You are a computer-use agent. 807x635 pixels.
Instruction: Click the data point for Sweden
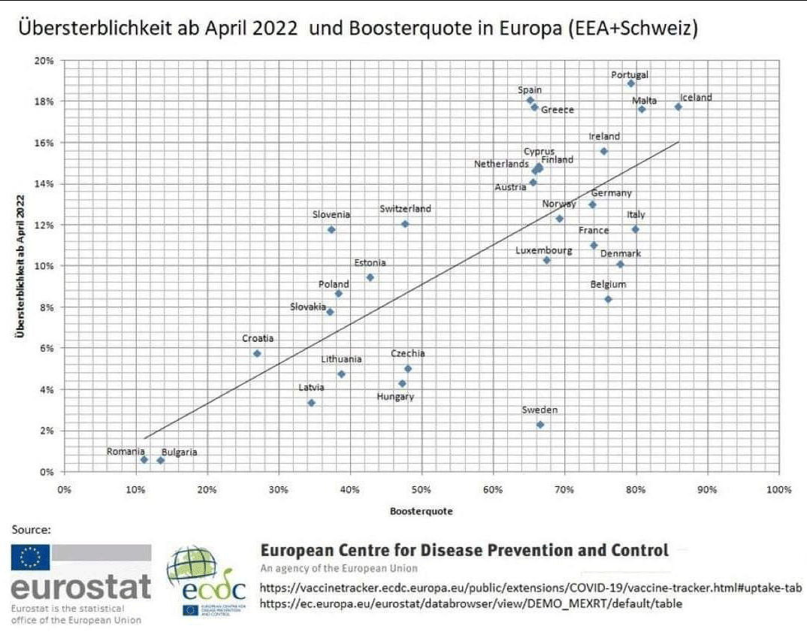(x=540, y=425)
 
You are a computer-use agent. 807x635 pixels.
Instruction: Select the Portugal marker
(x=630, y=83)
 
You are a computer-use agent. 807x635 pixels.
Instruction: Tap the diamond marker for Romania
(x=144, y=459)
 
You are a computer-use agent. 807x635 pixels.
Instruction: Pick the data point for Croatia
(x=257, y=353)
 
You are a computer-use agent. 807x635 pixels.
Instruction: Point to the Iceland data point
(x=678, y=107)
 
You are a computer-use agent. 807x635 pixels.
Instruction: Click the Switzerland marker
(x=404, y=224)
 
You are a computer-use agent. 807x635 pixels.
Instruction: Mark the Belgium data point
(x=608, y=299)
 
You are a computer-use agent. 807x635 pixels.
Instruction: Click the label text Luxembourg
(x=543, y=250)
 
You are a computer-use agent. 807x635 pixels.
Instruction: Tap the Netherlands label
(x=501, y=164)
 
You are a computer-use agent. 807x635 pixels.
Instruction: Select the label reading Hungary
(x=394, y=397)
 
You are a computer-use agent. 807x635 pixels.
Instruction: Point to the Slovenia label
(x=331, y=215)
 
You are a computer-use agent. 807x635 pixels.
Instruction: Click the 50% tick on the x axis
(x=422, y=490)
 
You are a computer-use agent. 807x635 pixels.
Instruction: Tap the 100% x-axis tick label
(x=779, y=490)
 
